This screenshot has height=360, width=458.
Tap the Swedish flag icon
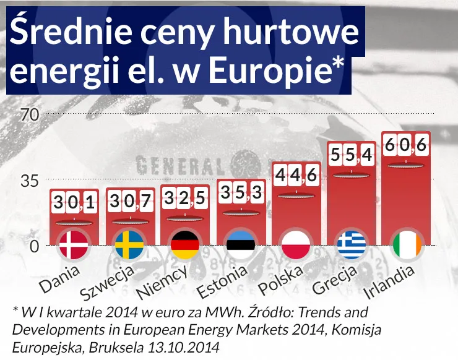(x=129, y=246)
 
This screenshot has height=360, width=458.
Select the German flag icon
(x=185, y=246)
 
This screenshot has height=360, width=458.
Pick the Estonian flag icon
(x=241, y=246)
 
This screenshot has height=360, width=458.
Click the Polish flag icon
(x=296, y=246)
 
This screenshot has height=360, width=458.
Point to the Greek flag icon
(x=352, y=246)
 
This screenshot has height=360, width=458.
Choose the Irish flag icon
(x=407, y=246)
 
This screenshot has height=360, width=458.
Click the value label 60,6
(x=407, y=147)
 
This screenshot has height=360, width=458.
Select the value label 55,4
(x=352, y=156)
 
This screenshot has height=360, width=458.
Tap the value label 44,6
(x=296, y=176)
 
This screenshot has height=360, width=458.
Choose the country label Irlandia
(x=389, y=280)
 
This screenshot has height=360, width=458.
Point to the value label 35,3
(x=241, y=194)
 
